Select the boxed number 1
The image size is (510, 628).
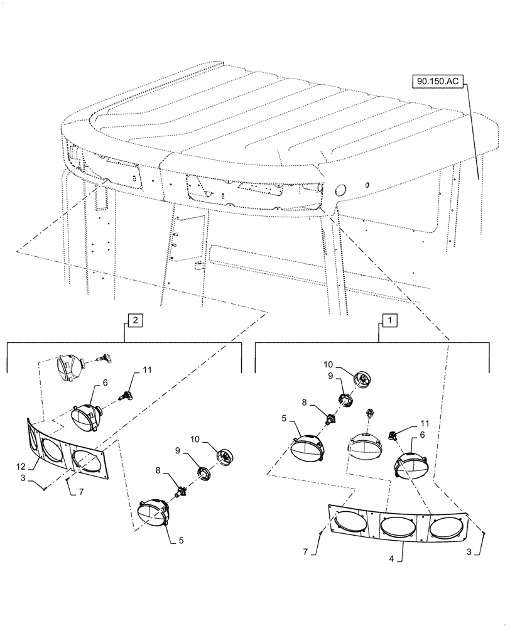pyautogui.click(x=389, y=320)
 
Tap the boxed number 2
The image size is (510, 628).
pyautogui.click(x=134, y=320)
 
